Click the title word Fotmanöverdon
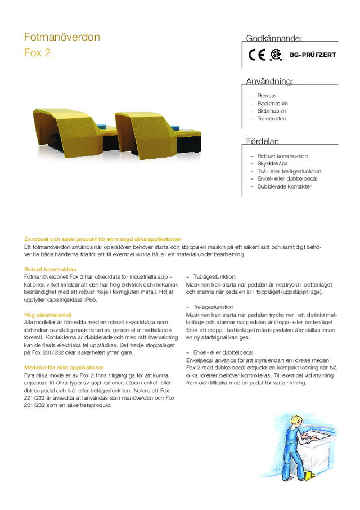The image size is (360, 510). (x=62, y=37)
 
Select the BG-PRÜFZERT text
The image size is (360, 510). (x=312, y=55)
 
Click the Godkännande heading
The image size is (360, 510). (x=274, y=38)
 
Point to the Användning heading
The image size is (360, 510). (x=269, y=82)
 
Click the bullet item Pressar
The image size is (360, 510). (x=267, y=96)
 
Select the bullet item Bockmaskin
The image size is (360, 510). (x=272, y=104)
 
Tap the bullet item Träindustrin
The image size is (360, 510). (x=272, y=119)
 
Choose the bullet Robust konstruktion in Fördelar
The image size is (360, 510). (x=282, y=156)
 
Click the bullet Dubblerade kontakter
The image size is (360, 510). (x=284, y=186)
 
